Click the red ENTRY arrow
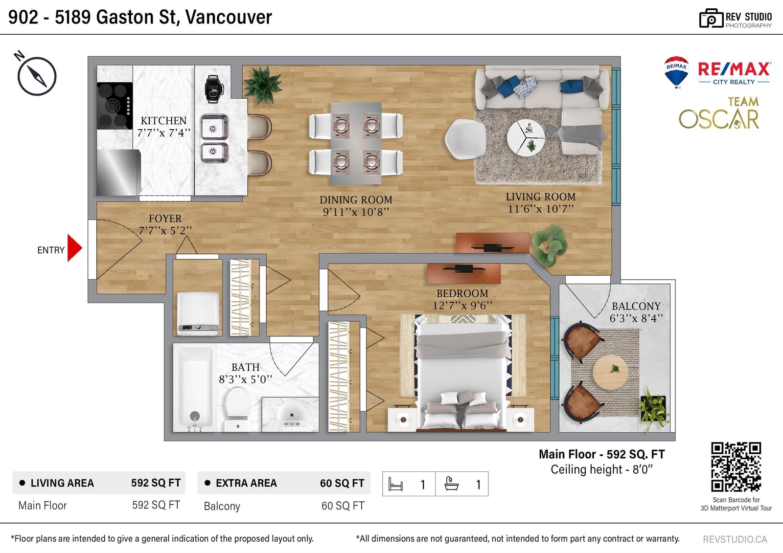(74, 248)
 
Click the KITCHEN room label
(163, 120)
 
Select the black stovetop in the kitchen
(115, 106)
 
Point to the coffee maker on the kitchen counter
(214, 89)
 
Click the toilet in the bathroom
(238, 409)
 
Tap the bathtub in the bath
(195, 387)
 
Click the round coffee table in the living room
(526, 138)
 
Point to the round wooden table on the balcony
(610, 373)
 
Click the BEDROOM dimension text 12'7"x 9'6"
(462, 306)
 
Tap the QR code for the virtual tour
(736, 467)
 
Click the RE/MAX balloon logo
(676, 72)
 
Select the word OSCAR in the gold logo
(719, 119)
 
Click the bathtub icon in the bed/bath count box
(451, 484)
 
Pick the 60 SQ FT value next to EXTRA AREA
(342, 483)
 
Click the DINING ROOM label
(356, 200)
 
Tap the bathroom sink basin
(291, 415)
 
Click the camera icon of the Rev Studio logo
(711, 18)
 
